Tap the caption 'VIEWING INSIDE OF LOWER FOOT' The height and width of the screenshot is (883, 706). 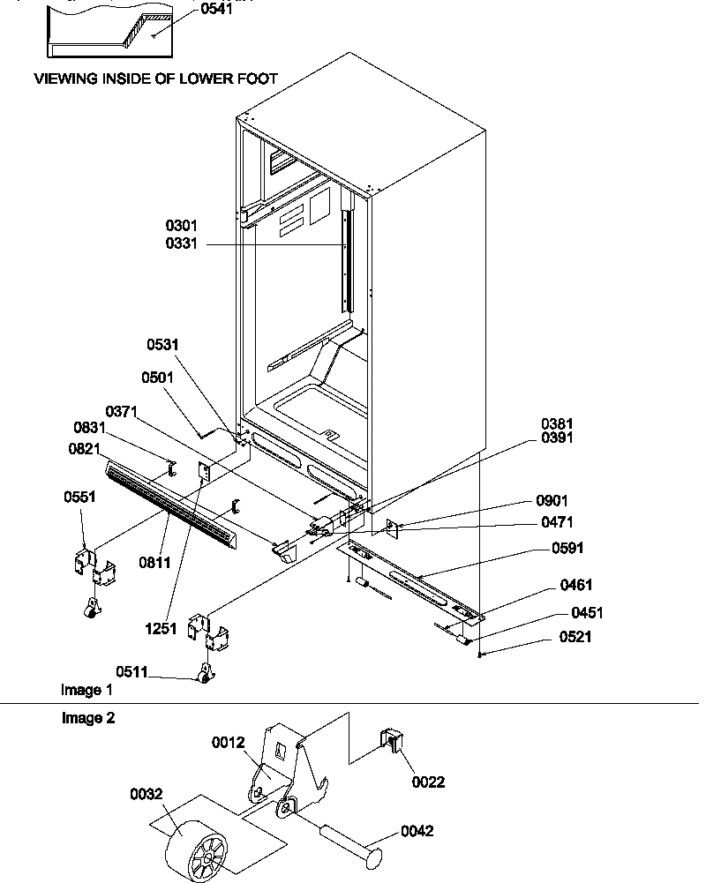(x=155, y=79)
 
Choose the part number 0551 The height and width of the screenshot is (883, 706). (x=79, y=497)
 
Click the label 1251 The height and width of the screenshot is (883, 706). (x=163, y=629)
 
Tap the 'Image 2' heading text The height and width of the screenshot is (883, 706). (x=87, y=718)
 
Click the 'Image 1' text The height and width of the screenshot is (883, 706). (x=86, y=689)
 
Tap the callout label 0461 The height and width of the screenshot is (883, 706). (x=575, y=585)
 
